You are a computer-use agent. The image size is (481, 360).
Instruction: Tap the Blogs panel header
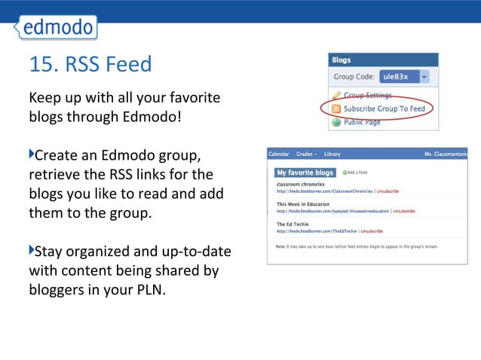(x=342, y=60)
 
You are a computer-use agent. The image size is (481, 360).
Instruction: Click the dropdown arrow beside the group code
(x=424, y=77)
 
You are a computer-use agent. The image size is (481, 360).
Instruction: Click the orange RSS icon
(x=336, y=108)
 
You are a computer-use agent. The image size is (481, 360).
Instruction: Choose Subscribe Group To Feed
(x=384, y=108)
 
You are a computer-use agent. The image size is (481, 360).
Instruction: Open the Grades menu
(x=305, y=154)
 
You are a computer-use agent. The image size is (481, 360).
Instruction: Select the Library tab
(x=332, y=154)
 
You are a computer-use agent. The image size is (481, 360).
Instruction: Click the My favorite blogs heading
(x=305, y=172)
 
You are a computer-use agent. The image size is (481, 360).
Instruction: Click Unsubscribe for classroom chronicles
(x=388, y=191)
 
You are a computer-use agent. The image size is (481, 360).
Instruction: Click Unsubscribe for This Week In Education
(x=404, y=212)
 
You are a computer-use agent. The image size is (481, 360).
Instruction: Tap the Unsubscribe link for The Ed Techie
(x=372, y=231)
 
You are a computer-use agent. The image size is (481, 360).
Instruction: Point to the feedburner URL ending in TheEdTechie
(x=317, y=231)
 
